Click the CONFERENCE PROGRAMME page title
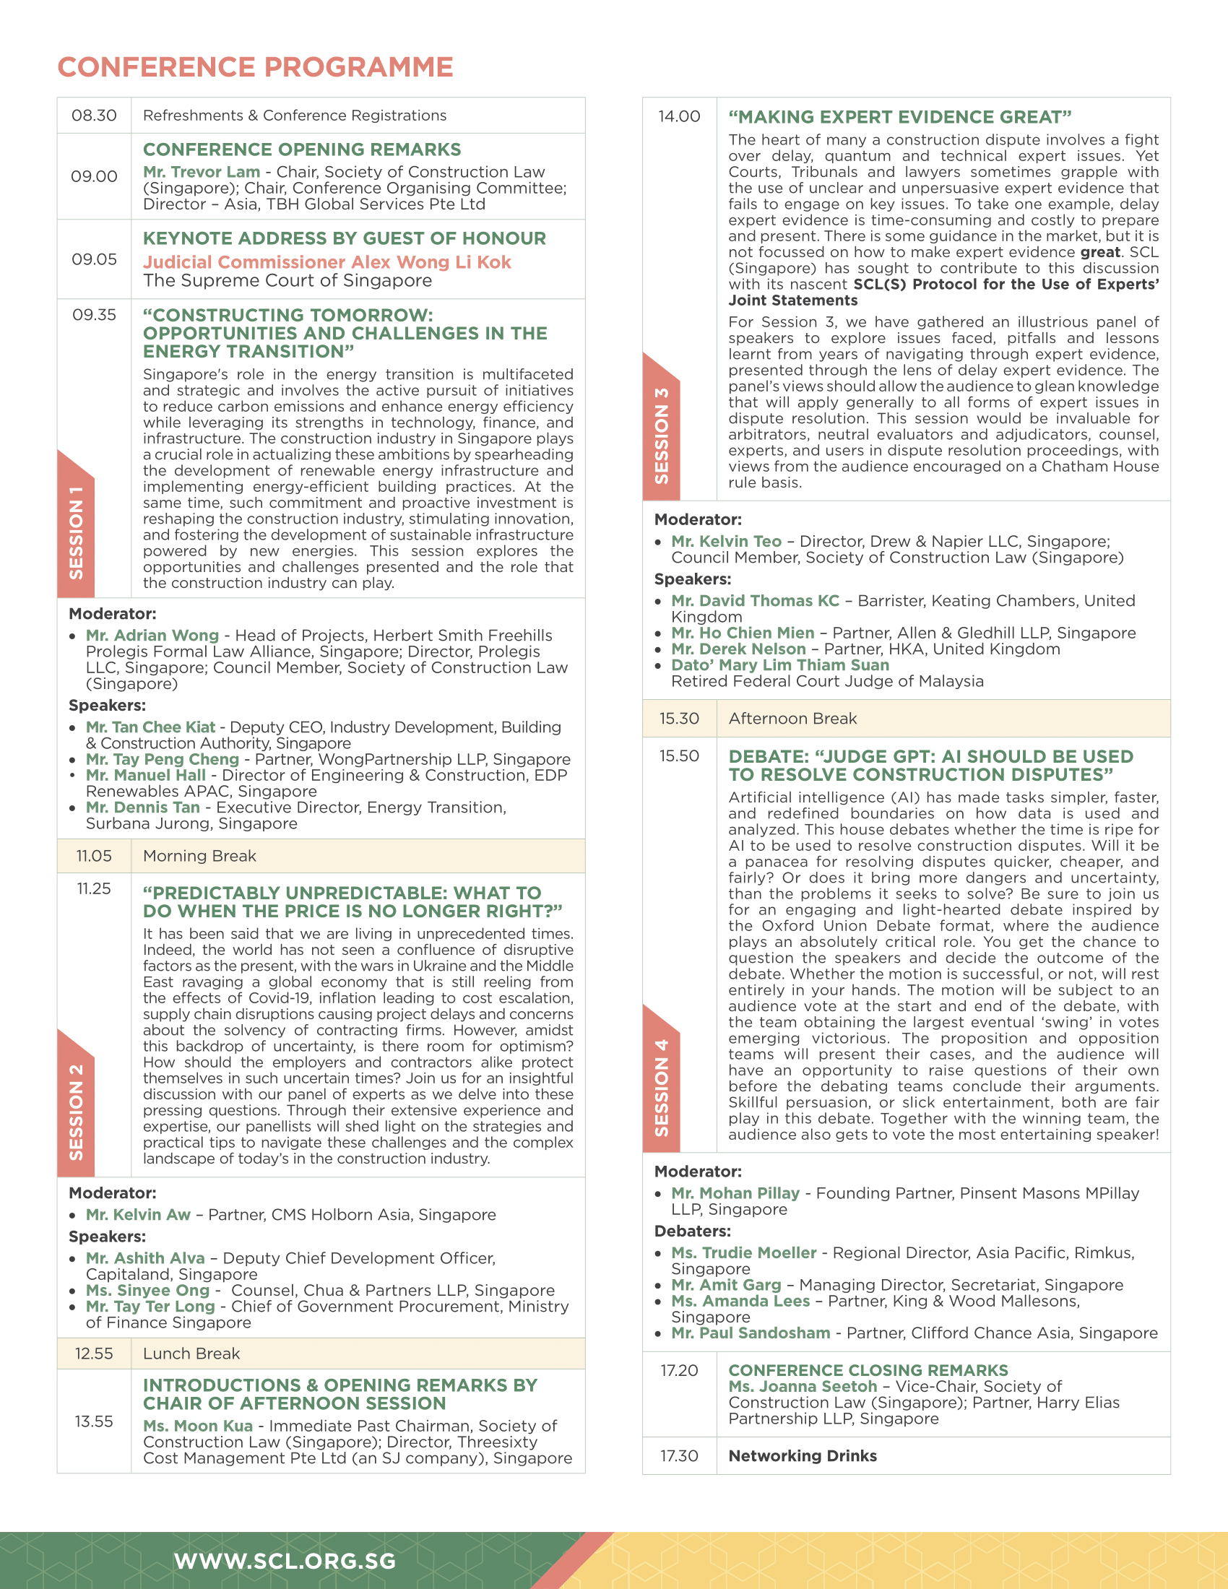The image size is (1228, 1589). pyautogui.click(x=255, y=67)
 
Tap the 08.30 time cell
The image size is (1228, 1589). pyautogui.click(x=94, y=116)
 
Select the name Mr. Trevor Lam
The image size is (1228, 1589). pyautogui.click(x=202, y=173)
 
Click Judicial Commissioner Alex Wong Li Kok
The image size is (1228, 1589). pyautogui.click(x=327, y=262)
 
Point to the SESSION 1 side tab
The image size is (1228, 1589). pyautogui.click(x=76, y=532)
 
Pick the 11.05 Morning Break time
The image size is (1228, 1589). pyautogui.click(x=94, y=856)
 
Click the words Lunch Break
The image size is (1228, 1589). pyautogui.click(x=191, y=1354)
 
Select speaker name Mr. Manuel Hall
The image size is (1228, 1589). pyautogui.click(x=145, y=776)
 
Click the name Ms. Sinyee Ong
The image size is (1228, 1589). pyautogui.click(x=147, y=1290)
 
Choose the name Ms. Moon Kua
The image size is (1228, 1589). pyautogui.click(x=198, y=1426)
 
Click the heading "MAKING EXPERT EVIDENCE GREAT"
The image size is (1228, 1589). pyautogui.click(x=900, y=117)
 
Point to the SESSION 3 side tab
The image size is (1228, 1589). pyautogui.click(x=661, y=435)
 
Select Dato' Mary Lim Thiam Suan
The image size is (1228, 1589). pyautogui.click(x=780, y=665)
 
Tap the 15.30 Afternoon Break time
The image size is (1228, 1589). pyautogui.click(x=679, y=719)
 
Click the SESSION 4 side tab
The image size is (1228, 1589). pyautogui.click(x=661, y=1087)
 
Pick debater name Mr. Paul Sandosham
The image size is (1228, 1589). pyautogui.click(x=751, y=1333)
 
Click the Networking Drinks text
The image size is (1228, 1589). pyautogui.click(x=803, y=1456)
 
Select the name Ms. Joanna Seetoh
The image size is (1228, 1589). pyautogui.click(x=803, y=1387)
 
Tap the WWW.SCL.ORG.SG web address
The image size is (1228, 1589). pyautogui.click(x=285, y=1561)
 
